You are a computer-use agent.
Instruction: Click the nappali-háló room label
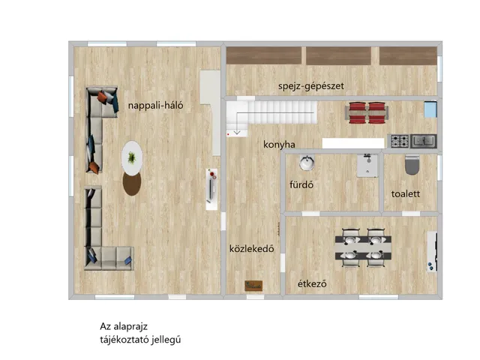pos(155,106)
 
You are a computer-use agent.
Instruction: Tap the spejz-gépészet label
pos(311,86)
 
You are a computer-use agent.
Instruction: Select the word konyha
pos(279,145)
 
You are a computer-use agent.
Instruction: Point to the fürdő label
pos(301,184)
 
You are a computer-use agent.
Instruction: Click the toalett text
pos(406,193)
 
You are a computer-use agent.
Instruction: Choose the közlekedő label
pos(252,248)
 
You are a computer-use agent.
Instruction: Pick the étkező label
pos(312,283)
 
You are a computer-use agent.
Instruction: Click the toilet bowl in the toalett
pos(412,165)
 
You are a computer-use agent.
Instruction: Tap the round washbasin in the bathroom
pos(307,163)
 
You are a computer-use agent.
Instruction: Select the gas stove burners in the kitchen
pos(400,142)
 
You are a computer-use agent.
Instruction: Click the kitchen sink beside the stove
pos(424,142)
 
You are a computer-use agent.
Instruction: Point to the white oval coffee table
pos(132,158)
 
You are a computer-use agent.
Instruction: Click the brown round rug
pos(132,184)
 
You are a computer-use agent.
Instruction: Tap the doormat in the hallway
pos(253,286)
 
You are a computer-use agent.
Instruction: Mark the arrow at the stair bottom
pos(237,133)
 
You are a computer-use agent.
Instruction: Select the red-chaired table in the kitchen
pos(367,112)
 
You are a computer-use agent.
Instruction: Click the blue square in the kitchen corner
pos(430,109)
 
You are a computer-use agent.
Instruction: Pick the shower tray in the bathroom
pos(367,166)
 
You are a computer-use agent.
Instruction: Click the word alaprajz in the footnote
pos(130,327)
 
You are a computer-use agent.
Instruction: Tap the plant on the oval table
pos(132,157)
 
